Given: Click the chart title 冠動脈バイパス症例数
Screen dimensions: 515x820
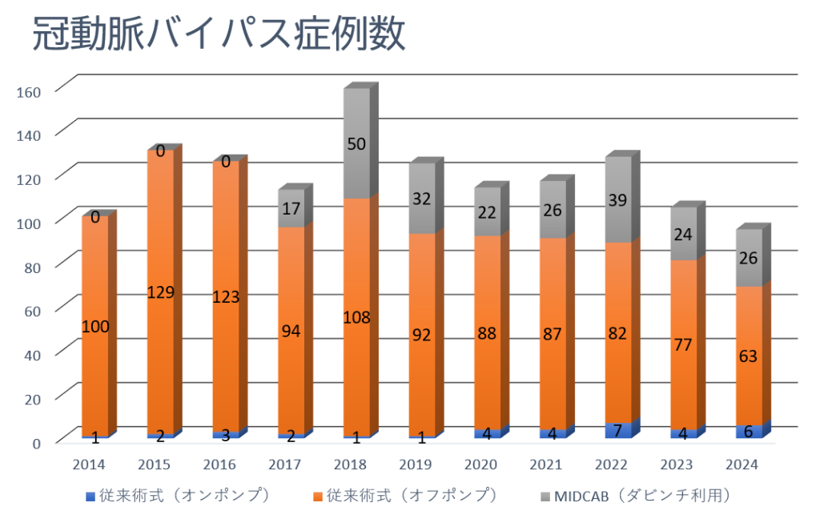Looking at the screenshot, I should [x=219, y=35].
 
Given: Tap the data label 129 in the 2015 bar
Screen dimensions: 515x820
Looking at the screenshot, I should [x=160, y=292].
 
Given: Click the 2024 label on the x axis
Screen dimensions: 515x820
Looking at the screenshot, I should [x=742, y=464].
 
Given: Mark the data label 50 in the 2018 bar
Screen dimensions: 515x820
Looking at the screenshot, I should [x=356, y=144].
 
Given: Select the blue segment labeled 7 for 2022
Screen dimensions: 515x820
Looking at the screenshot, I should [x=618, y=430].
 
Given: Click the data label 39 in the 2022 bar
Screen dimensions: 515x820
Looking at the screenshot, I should [x=618, y=202].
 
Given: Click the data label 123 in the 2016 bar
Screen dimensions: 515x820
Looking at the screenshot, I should [x=226, y=296].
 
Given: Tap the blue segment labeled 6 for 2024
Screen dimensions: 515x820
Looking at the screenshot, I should [x=749, y=431].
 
